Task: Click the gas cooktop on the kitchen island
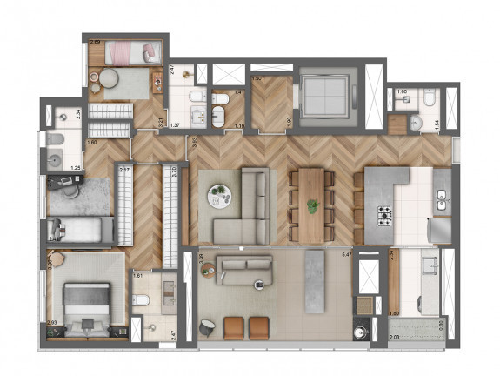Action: pyautogui.click(x=383, y=212)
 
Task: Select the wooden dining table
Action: pyautogui.click(x=311, y=205)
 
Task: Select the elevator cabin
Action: pyautogui.click(x=323, y=94)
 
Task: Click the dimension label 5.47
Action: pyautogui.click(x=346, y=254)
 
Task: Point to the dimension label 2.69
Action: pyautogui.click(x=95, y=42)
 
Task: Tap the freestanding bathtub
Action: pyautogui.click(x=217, y=117)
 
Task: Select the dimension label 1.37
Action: pyautogui.click(x=174, y=125)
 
